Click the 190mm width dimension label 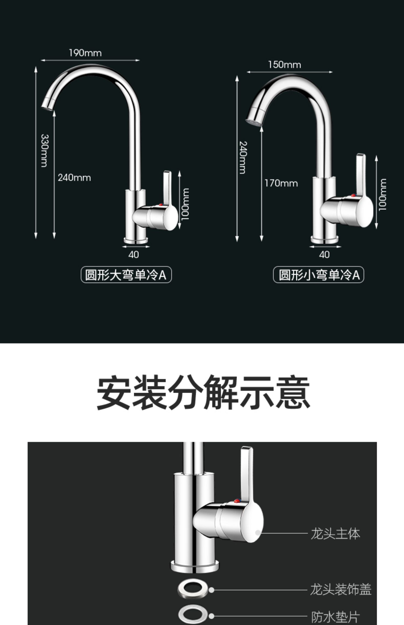tap(85, 53)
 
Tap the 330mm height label tap(44, 150)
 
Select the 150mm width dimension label tap(284, 65)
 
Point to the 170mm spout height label tap(281, 183)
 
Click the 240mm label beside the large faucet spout tap(74, 178)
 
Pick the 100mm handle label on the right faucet tap(382, 195)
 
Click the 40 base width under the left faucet tap(134, 255)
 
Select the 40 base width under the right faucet tap(324, 255)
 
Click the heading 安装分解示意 tap(203, 392)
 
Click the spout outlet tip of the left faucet tap(47, 107)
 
